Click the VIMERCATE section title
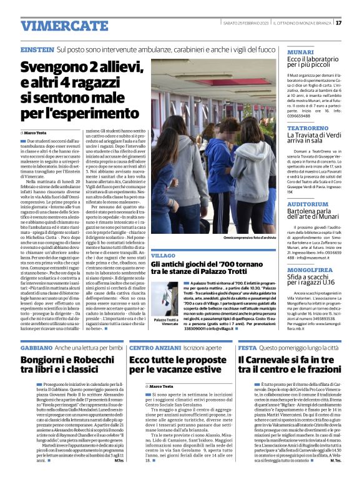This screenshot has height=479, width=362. pyautogui.click(x=56, y=26)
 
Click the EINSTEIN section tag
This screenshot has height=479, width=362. pyautogui.click(x=37, y=49)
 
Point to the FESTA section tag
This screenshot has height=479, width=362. pyautogui.click(x=247, y=347)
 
